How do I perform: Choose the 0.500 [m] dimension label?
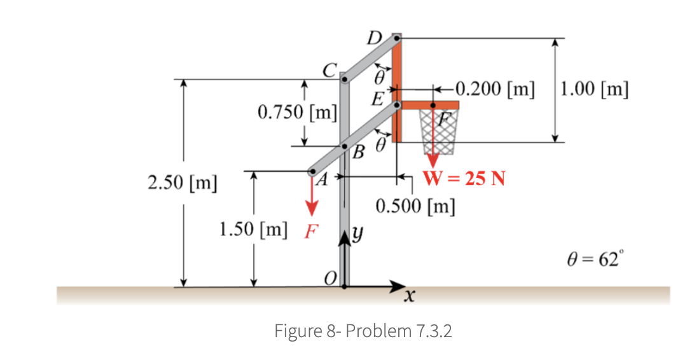[415, 207]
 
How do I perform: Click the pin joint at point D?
[396, 39]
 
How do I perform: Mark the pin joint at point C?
[345, 80]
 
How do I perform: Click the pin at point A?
[312, 171]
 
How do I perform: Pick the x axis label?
[412, 297]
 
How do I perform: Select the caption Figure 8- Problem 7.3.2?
[363, 331]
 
